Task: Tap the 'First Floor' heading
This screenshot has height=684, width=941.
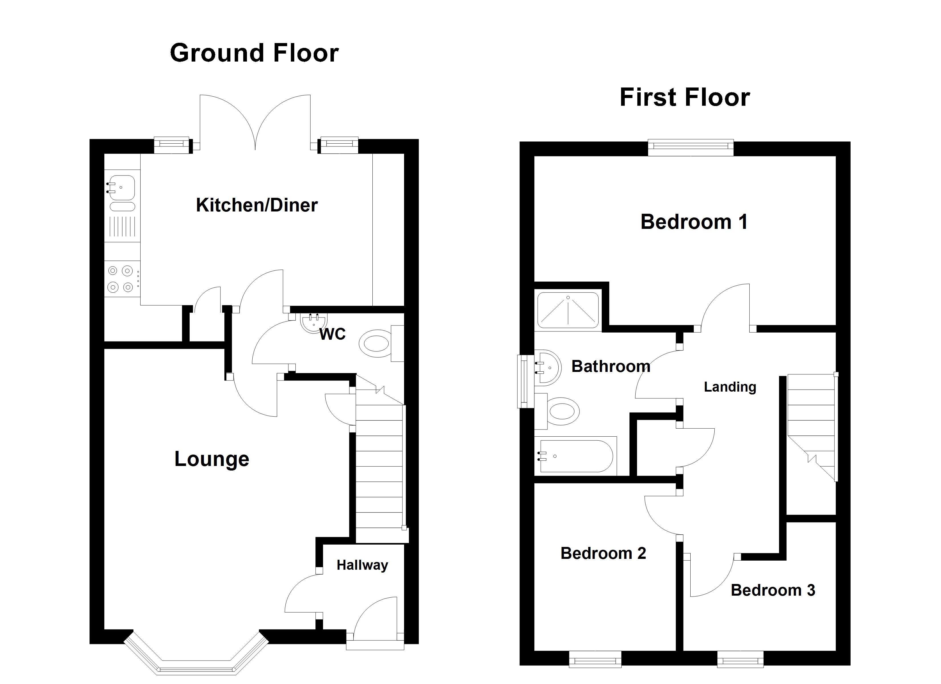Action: [685, 97]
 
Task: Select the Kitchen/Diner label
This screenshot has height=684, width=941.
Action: [257, 205]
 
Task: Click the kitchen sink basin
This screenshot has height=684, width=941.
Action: [122, 188]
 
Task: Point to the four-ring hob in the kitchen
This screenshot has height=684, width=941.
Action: [121, 279]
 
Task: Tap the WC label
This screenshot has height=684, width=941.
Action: [332, 334]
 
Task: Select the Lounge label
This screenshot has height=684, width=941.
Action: [212, 459]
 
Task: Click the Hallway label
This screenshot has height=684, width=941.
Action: [362, 565]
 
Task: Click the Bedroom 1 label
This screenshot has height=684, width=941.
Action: [694, 221]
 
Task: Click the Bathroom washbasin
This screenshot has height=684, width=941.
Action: [548, 368]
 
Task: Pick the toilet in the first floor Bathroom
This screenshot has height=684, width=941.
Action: [563, 412]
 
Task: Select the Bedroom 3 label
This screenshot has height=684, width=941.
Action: [772, 590]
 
